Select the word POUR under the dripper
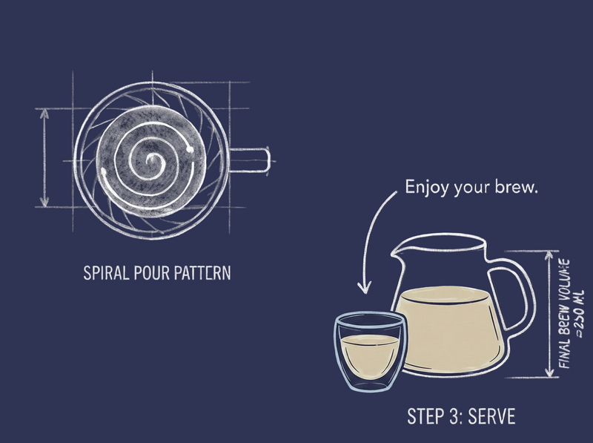click(146, 272)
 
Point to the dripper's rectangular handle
click(250, 160)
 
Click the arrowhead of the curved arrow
click(364, 287)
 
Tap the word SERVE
click(491, 416)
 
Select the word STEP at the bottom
click(425, 416)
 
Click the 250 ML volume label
click(579, 313)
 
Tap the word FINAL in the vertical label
click(564, 353)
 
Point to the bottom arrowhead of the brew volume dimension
click(549, 373)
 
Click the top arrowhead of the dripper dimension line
click(44, 114)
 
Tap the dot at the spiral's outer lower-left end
click(104, 171)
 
